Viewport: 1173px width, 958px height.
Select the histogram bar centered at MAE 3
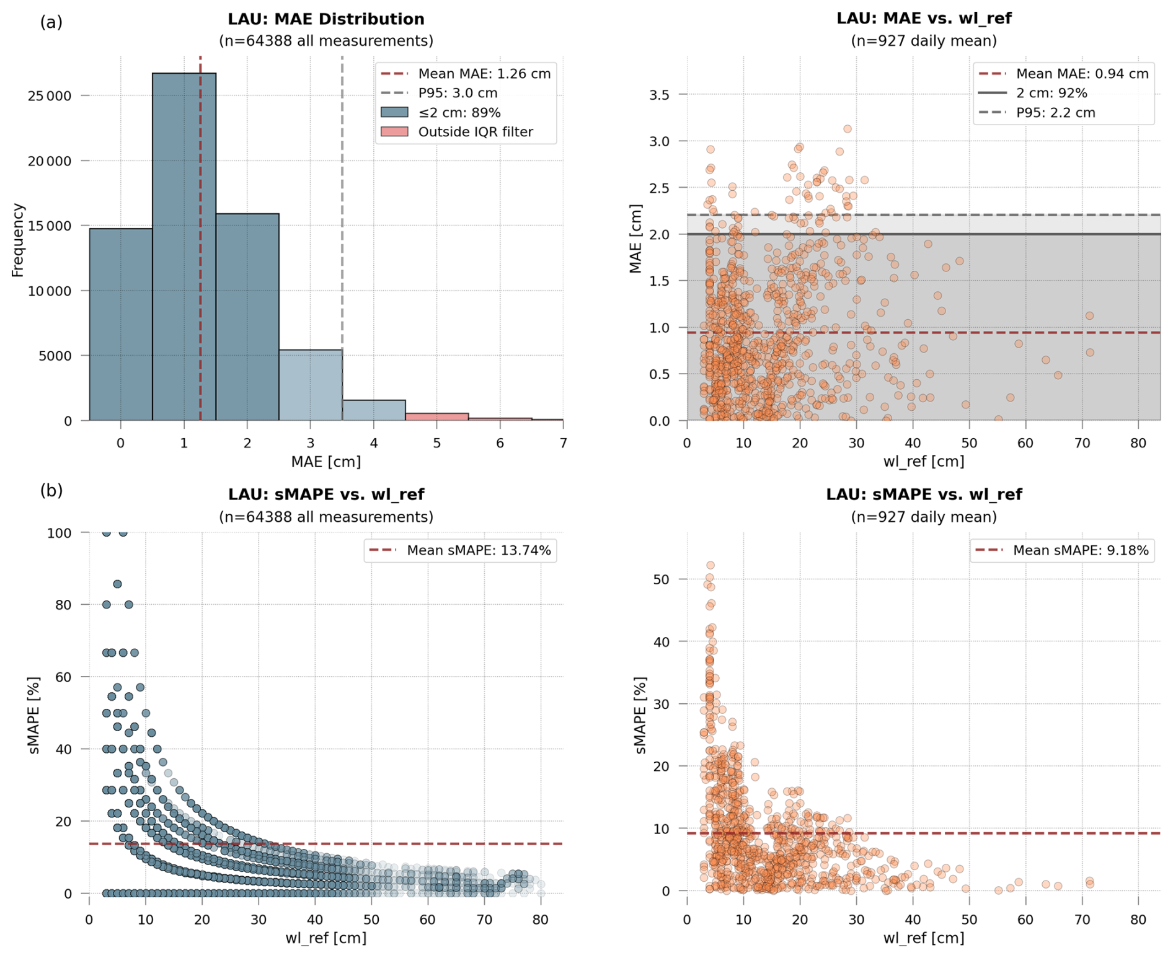(311, 385)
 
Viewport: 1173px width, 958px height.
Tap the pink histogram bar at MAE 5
(437, 416)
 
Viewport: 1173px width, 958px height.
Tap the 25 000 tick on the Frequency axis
(50, 96)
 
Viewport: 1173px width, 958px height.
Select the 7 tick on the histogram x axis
(563, 444)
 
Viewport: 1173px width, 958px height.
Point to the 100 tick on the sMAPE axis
(60, 533)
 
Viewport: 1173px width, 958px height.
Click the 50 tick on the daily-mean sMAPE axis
(662, 579)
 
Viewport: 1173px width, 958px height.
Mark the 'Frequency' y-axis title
(17, 240)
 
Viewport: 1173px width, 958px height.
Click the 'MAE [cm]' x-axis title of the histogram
(325, 462)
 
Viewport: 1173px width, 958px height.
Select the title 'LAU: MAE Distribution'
(325, 19)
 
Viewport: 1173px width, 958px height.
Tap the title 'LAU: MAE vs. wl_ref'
(923, 19)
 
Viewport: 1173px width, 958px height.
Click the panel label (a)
(51, 22)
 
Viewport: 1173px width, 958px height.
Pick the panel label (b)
(51, 491)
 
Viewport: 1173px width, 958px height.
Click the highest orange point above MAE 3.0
(848, 129)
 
